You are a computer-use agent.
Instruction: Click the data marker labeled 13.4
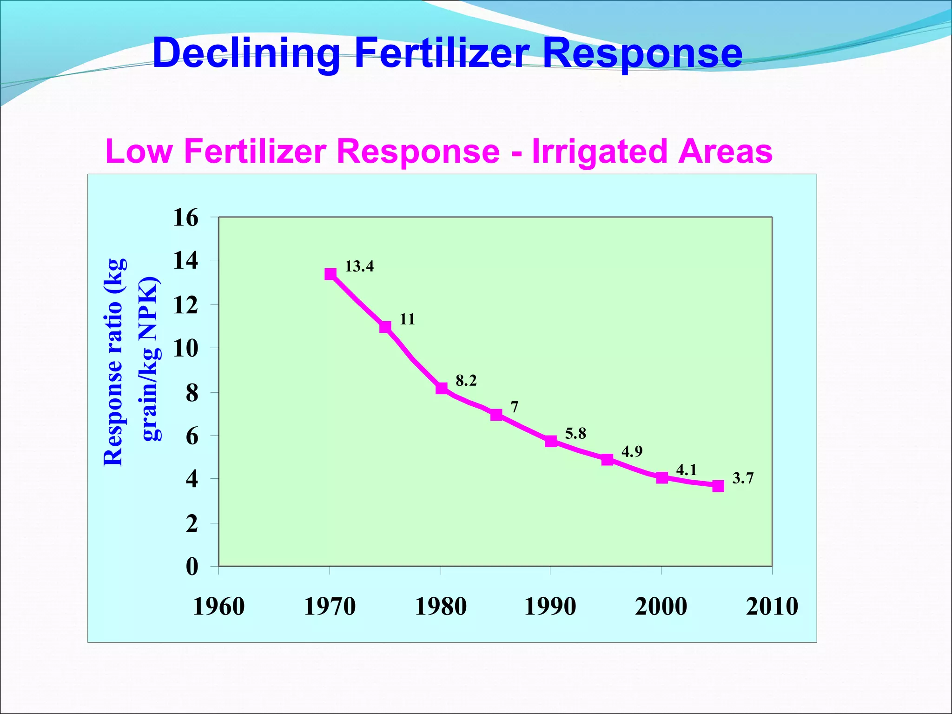(x=331, y=274)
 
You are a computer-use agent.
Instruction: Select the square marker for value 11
(x=385, y=327)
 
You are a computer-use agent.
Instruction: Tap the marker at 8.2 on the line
(x=442, y=388)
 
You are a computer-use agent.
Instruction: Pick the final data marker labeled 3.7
(x=718, y=486)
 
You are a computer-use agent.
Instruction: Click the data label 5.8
(x=575, y=434)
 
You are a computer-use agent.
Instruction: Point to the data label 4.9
(x=632, y=451)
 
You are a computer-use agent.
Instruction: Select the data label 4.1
(x=686, y=470)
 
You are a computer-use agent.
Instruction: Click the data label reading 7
(x=514, y=407)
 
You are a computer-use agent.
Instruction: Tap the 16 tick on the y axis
(x=185, y=218)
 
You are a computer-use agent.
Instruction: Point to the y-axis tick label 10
(x=185, y=348)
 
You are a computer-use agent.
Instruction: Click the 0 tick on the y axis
(x=192, y=567)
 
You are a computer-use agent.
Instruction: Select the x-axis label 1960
(x=218, y=607)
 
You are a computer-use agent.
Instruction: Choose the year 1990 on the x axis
(x=550, y=607)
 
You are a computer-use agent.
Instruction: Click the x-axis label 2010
(x=772, y=607)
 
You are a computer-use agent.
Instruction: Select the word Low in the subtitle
(x=139, y=151)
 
